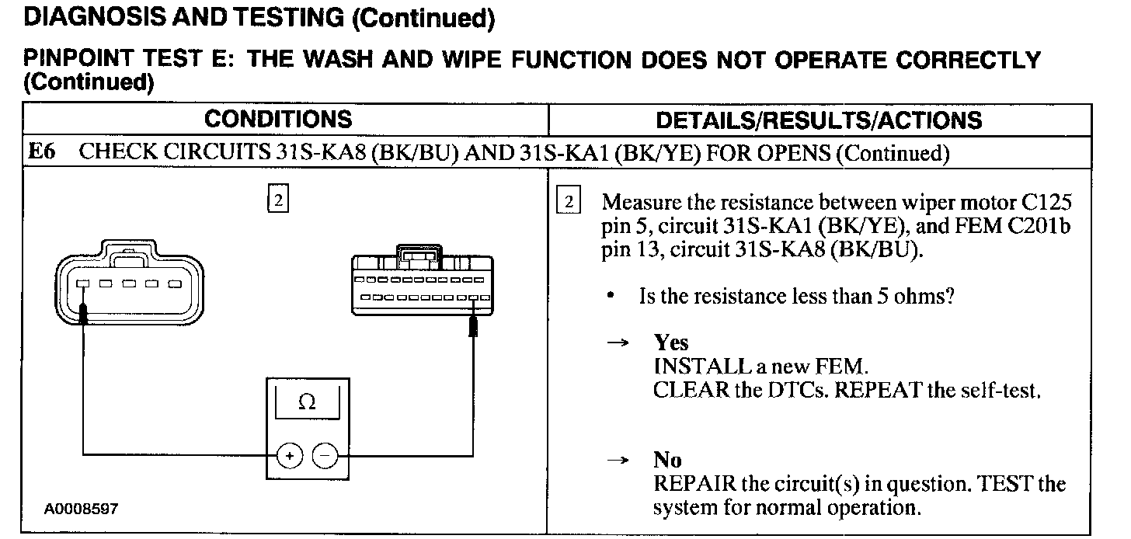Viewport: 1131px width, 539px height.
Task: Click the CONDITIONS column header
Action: pyautogui.click(x=277, y=120)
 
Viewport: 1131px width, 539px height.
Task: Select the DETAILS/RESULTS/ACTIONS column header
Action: pyautogui.click(x=819, y=120)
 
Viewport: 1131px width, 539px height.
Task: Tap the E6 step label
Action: pyautogui.click(x=42, y=152)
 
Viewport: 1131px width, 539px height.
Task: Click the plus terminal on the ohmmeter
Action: pyautogui.click(x=289, y=456)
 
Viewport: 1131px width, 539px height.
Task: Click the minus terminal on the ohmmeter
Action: pyautogui.click(x=325, y=456)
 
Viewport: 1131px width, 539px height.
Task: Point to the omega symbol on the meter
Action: pyautogui.click(x=307, y=402)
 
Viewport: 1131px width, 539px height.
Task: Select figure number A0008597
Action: pyautogui.click(x=81, y=509)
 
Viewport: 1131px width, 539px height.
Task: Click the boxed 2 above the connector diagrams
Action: pyautogui.click(x=277, y=200)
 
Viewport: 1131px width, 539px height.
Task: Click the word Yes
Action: pyautogui.click(x=671, y=343)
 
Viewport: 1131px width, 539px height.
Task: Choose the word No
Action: pyautogui.click(x=667, y=461)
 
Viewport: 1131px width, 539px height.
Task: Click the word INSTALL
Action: pyautogui.click(x=691, y=366)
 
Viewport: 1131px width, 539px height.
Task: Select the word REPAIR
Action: pyautogui.click(x=694, y=485)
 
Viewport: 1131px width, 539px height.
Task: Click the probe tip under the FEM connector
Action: pyautogui.click(x=473, y=325)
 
